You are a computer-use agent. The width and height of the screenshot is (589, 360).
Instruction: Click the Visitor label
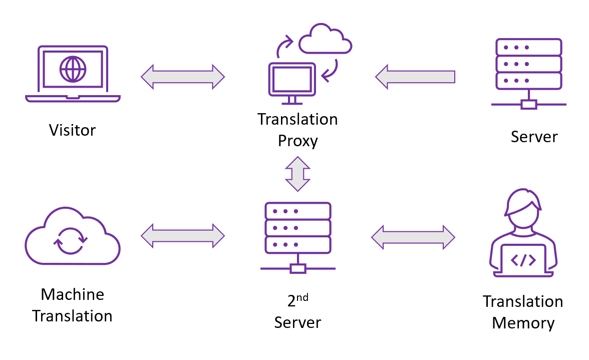tap(72, 130)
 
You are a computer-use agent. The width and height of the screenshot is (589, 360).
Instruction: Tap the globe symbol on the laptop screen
tap(72, 69)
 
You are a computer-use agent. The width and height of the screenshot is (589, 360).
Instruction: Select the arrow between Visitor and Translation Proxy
tap(183, 77)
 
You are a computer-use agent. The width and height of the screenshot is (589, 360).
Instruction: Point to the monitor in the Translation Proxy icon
tap(292, 80)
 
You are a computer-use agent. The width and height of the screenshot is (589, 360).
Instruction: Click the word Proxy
tap(298, 141)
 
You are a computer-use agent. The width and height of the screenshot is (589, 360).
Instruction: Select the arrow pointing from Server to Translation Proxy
tap(415, 77)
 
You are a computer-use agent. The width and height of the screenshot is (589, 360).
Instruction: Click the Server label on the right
tap(534, 137)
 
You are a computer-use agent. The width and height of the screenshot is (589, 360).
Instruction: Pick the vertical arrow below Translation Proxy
tap(298, 174)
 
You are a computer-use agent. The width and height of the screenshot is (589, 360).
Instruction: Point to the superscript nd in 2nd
tap(302, 298)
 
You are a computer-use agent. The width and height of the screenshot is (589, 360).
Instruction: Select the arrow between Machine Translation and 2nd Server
tap(183, 235)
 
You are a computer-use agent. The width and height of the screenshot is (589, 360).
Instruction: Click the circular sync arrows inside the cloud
tap(71, 240)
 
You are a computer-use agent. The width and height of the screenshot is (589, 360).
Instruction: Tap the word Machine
tap(72, 294)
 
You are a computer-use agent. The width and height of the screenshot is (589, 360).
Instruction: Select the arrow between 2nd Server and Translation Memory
tap(413, 236)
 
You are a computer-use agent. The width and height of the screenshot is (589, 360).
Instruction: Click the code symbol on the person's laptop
tap(523, 260)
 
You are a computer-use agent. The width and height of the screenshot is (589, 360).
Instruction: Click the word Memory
tap(523, 323)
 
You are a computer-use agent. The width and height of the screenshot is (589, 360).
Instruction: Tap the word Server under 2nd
tap(298, 322)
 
